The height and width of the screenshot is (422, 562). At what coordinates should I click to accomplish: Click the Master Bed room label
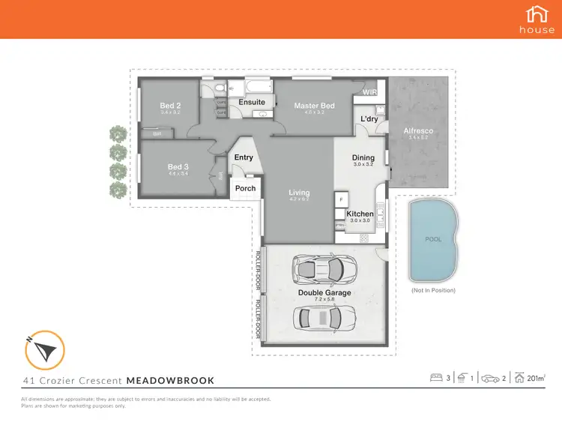[314, 106]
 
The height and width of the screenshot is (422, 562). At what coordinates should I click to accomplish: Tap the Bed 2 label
[170, 106]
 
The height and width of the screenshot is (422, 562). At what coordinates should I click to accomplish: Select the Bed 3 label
[176, 167]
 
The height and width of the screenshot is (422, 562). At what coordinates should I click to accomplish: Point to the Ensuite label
[251, 102]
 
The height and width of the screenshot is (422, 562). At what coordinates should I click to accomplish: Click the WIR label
[369, 93]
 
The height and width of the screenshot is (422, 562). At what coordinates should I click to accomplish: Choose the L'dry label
[369, 119]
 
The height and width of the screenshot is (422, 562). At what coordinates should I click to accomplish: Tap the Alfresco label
[418, 131]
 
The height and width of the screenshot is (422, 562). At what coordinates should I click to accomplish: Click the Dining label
[363, 157]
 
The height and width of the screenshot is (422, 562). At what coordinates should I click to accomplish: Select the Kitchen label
[360, 214]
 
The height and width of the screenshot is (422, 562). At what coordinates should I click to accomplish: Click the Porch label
[246, 188]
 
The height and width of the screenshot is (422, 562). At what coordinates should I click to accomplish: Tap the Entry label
[244, 157]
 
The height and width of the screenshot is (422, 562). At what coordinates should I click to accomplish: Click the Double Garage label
[324, 293]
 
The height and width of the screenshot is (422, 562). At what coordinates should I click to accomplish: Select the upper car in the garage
[324, 267]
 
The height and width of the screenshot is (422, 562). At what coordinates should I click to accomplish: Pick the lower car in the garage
[324, 319]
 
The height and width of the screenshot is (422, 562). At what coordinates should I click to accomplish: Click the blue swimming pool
[433, 240]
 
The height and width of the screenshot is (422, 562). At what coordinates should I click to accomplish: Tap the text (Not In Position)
[433, 290]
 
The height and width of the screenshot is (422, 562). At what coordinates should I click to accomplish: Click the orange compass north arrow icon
[44, 349]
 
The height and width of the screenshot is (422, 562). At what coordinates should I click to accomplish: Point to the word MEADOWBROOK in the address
[170, 380]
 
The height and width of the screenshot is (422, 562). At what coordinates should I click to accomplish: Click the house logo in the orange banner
[537, 18]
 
